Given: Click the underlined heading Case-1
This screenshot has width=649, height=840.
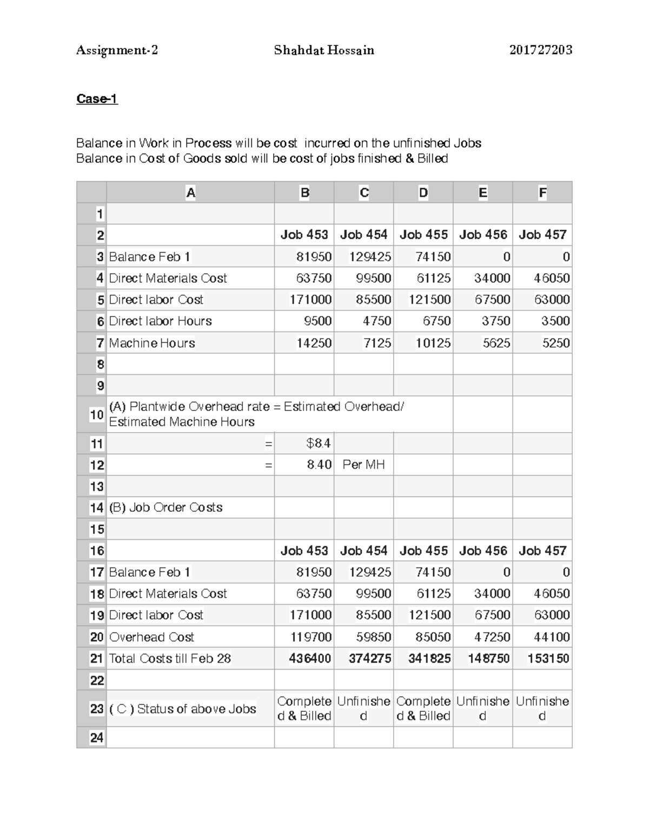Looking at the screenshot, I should pos(97,99).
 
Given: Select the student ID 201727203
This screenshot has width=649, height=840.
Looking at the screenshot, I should pos(540,50).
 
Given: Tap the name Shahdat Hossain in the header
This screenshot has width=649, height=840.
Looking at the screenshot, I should pos(323,50).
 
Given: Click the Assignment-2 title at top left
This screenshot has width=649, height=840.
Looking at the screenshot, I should pos(117,50).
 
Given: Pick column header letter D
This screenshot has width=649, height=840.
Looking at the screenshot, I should pos(423,193).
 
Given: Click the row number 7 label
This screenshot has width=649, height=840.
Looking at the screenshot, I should pos(100,343).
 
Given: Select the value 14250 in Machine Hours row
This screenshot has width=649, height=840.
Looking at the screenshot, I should pos(314,343).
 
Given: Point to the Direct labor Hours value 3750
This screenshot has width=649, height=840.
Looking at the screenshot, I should pos(495,321).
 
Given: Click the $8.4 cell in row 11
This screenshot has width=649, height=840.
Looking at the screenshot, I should pos(318,444).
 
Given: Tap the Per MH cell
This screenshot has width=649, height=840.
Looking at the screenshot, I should pos(363,465).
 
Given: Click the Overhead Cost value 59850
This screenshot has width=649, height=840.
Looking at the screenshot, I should pos(373,637).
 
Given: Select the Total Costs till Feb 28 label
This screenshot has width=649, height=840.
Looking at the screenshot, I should pos(170,658).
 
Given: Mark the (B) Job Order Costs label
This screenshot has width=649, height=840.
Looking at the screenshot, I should pos(165,507).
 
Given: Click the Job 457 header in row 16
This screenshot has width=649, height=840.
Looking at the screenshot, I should pos(542,551).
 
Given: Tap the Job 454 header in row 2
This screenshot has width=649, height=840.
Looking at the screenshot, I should pos(363,235).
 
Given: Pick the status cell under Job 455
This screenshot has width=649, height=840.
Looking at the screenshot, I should pos(423,709).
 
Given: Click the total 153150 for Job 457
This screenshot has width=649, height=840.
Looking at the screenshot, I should pos(548,658).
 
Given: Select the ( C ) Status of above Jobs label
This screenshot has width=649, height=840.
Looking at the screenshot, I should pos(182,709).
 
